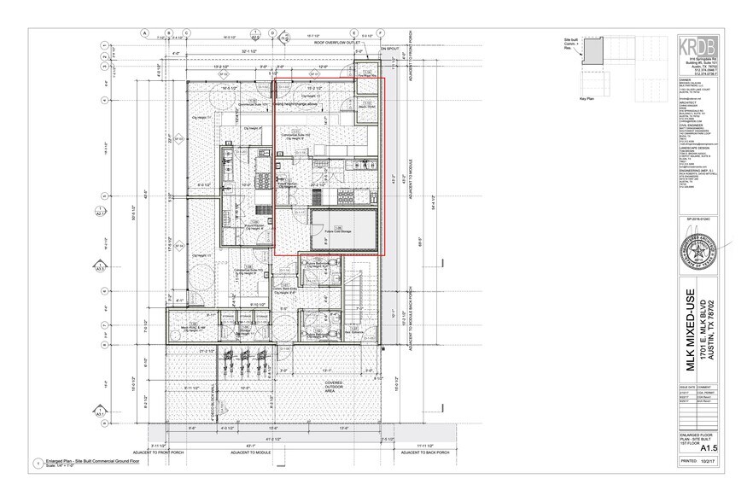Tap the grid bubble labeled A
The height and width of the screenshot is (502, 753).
[x=145, y=34]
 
